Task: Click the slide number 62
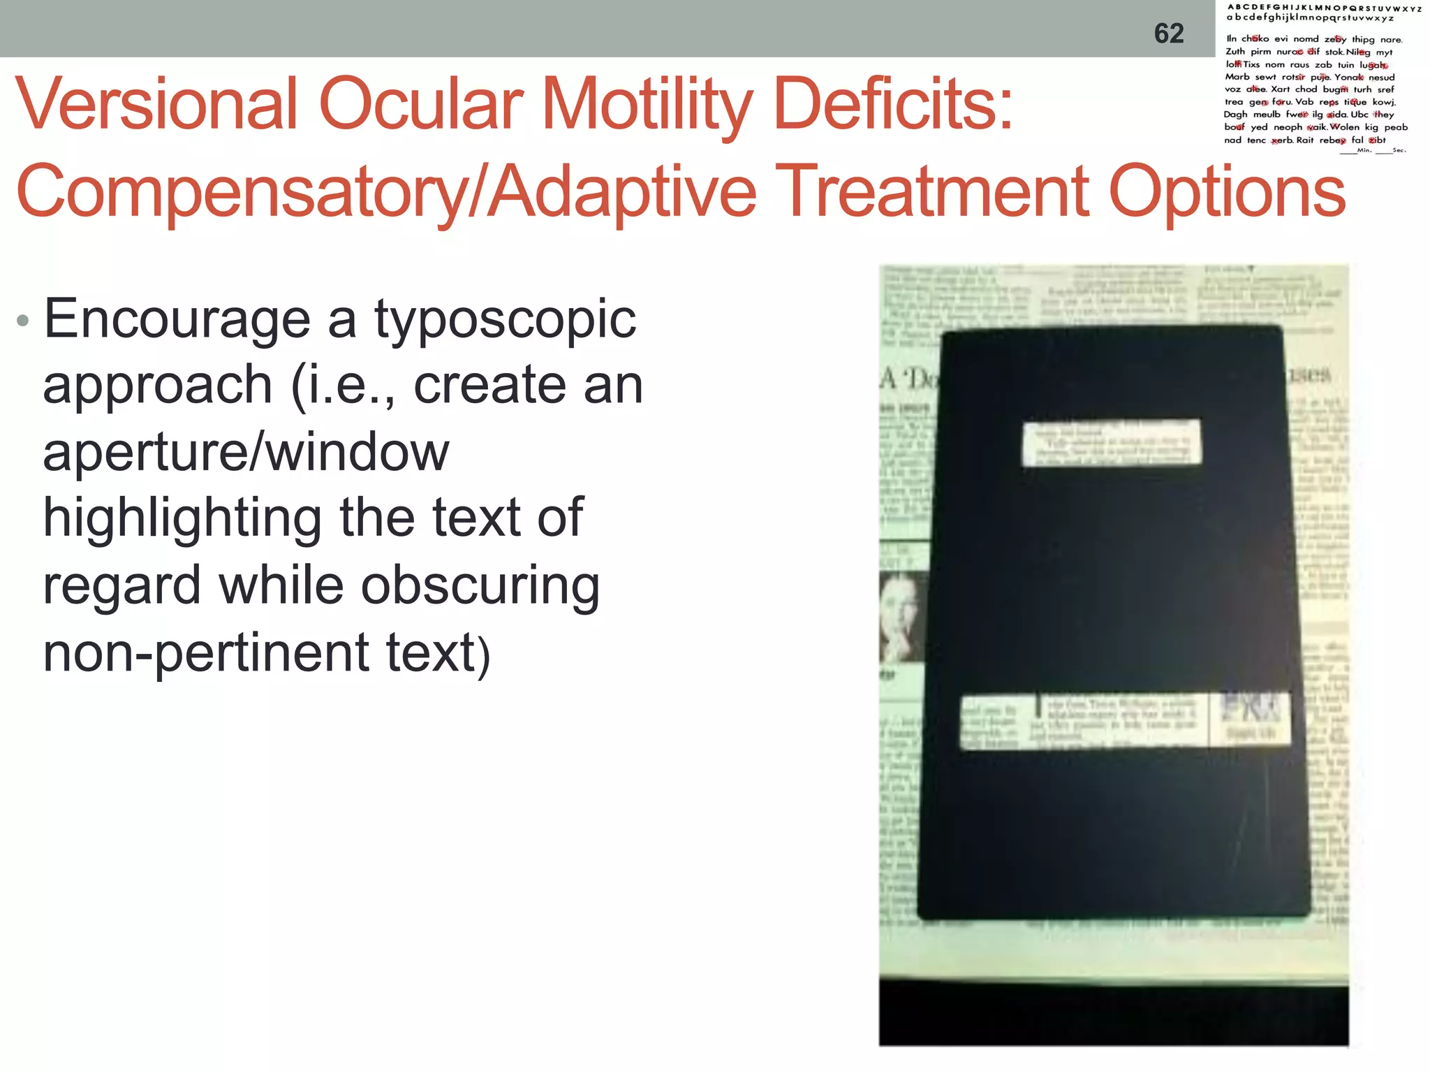[1169, 34]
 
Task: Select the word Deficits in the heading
[892, 104]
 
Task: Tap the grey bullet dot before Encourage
[23, 321]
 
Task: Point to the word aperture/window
[246, 452]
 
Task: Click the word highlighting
[182, 519]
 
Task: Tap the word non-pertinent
[206, 652]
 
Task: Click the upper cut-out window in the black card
[1112, 441]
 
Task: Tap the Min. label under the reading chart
[1364, 150]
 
